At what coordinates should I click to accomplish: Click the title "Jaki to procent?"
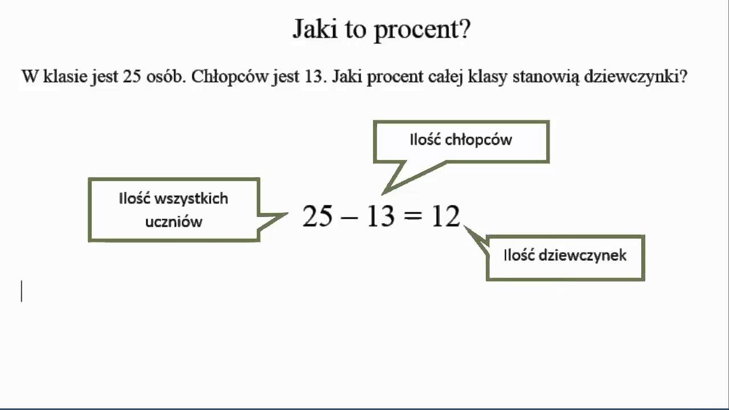click(382, 29)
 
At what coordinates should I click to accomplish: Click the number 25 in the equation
click(317, 217)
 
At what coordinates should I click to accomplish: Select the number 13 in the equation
click(380, 217)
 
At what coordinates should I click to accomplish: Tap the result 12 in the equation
click(445, 217)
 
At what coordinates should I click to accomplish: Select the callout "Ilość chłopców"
click(461, 141)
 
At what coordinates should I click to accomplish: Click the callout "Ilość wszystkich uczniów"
click(174, 210)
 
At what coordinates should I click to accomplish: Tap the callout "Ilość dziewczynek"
click(564, 256)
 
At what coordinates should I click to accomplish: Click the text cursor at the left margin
click(22, 291)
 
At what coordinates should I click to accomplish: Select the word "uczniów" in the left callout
click(174, 222)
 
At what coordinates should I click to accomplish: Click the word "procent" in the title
click(422, 29)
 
